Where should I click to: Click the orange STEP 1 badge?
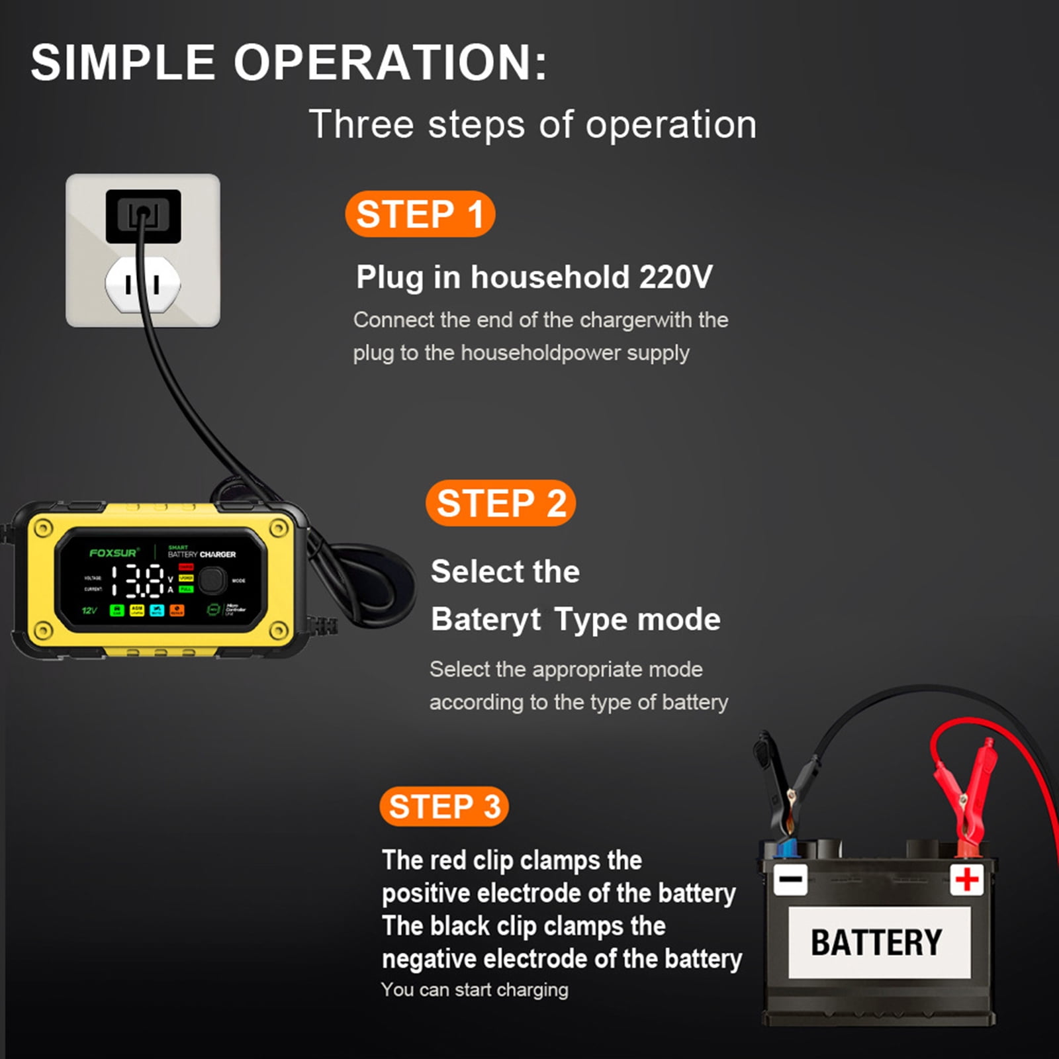point(420,214)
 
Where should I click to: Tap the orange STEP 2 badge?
point(500,503)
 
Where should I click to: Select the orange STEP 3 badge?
point(444,807)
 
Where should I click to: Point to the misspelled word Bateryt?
point(485,620)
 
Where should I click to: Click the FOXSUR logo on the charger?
point(113,553)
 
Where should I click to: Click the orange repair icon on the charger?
point(177,610)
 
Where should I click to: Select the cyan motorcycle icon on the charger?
point(157,610)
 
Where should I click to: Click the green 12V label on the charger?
point(89,610)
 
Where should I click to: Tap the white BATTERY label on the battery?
point(878,943)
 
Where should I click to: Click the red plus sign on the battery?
point(966,880)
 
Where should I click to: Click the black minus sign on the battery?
point(790,880)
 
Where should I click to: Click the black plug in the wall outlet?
point(143,216)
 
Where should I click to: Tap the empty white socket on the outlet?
point(142,285)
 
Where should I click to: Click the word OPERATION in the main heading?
point(391,63)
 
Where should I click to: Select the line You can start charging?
point(475,990)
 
